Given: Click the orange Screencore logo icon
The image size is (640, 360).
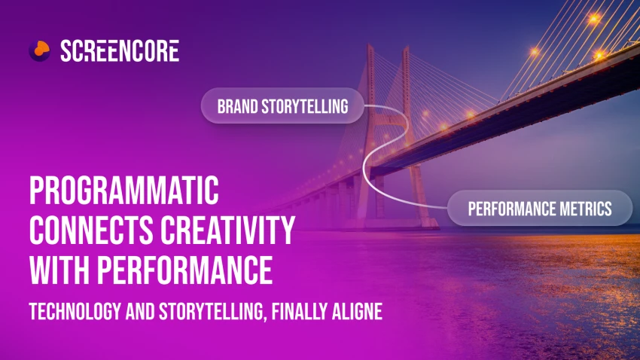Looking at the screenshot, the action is coord(39,50).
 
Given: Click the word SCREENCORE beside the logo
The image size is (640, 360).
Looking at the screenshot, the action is coord(120,50).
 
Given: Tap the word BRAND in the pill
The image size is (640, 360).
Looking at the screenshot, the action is coord(237,106).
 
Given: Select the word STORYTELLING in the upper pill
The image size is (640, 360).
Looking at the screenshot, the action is coord(305,106).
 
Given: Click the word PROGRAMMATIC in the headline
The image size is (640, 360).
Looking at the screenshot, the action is coord(124,191).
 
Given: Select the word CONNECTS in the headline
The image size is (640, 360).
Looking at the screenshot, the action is coord(90,230).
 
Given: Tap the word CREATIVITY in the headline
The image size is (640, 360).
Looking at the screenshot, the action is coord(227,230).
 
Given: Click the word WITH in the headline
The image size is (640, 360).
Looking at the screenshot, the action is coord(59,270).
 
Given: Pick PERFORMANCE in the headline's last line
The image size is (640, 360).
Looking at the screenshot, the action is coord(184,270).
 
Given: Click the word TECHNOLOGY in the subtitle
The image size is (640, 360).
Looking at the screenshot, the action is coord(75,312).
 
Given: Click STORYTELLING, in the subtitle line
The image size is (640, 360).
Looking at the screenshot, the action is coord(212,312).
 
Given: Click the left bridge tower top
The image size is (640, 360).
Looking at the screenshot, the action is coord(370,47).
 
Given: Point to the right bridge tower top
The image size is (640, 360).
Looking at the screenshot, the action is coord(406,50).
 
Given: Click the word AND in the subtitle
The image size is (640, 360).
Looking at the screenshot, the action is coord(139,312).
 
